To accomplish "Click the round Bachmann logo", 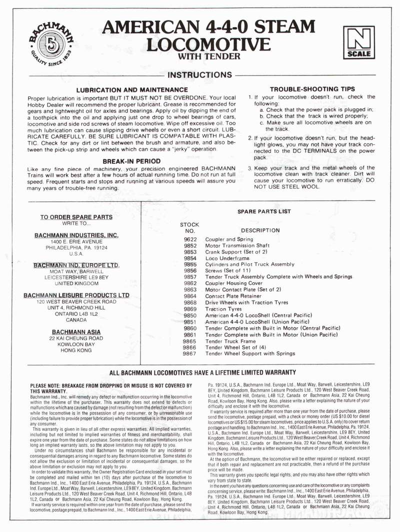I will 50,43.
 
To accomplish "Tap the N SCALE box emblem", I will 358,43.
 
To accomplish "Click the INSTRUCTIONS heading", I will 199,75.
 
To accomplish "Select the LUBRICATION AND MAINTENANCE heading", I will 131,89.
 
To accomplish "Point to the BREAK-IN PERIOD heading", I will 131,161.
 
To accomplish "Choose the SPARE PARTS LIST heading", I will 264,211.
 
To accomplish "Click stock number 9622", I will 190,240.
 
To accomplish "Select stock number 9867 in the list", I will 190,354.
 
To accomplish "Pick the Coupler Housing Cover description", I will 234,283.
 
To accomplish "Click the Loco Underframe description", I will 227,258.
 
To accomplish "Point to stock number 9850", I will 190,316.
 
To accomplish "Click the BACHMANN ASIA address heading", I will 76,332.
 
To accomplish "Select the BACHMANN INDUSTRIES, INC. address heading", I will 76,235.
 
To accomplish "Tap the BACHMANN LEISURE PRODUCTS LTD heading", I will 76,295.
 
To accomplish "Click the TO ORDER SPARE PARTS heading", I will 76,217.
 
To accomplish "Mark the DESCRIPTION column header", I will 260,230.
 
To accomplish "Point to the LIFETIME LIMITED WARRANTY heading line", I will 202,372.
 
